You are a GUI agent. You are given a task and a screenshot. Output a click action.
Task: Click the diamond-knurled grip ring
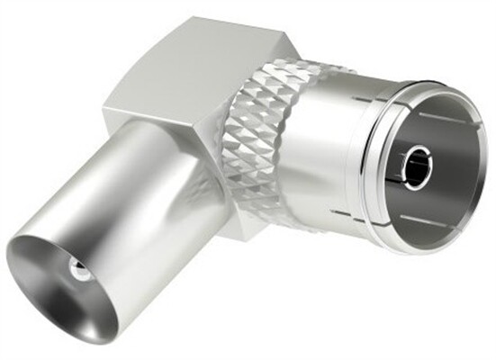(x=261, y=135)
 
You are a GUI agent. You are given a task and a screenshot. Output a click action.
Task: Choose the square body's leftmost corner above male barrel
(x=104, y=117)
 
